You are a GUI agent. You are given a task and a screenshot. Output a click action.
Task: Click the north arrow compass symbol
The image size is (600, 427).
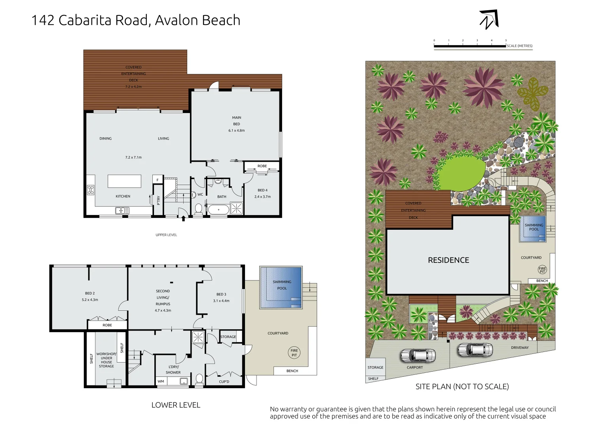tap(489, 19)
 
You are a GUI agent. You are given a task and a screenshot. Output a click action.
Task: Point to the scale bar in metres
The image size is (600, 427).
tap(470, 46)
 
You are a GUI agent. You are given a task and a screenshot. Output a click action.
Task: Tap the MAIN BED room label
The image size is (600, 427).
tap(236, 121)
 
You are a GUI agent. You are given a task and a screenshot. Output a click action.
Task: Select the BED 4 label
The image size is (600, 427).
tap(262, 190)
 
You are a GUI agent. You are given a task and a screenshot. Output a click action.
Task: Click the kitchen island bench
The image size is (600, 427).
tap(124, 181)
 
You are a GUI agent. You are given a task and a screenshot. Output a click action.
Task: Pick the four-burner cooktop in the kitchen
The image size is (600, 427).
tap(91, 190)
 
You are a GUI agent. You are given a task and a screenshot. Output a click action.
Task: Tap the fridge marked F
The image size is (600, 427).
tap(158, 180)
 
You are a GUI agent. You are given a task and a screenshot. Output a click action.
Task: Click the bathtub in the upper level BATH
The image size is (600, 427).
tap(218, 210)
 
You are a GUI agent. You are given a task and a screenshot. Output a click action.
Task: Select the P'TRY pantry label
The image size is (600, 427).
tap(158, 200)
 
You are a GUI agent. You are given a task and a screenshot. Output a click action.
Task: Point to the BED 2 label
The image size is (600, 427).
tap(90, 293)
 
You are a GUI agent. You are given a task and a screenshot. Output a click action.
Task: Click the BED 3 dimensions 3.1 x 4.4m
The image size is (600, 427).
tap(221, 301)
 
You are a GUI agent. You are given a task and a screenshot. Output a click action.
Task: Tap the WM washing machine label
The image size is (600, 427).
tap(161, 382)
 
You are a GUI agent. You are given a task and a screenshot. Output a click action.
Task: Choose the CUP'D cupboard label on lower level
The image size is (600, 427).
tap(224, 382)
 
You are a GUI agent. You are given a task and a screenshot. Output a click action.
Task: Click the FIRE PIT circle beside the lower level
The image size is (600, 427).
tap(294, 353)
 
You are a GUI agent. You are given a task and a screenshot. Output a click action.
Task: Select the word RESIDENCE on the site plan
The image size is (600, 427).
tap(448, 260)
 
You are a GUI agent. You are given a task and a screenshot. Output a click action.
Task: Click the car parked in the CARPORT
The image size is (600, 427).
tap(418, 355)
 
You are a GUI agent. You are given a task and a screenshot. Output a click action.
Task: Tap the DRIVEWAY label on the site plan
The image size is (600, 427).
tap(520, 348)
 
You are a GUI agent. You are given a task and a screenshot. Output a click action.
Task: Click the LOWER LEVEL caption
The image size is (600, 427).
tap(176, 405)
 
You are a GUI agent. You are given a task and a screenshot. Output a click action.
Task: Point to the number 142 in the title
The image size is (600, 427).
tap(43, 20)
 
